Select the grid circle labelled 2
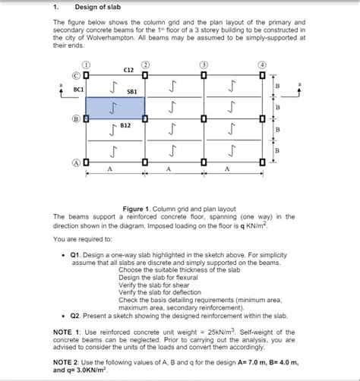pos(144,65)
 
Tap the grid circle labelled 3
pos(204,65)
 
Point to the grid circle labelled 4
pos(262,65)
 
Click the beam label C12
pos(128,70)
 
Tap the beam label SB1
pos(131,91)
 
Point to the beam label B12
pos(126,124)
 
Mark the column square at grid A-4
pos(263,162)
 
